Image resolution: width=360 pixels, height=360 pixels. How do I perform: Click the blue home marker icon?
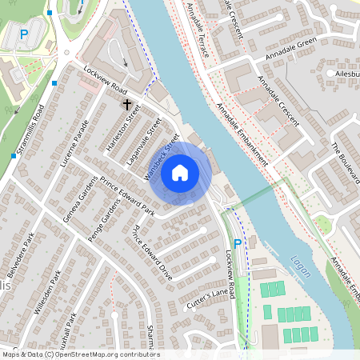180,173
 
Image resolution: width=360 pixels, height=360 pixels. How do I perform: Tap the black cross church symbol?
126,105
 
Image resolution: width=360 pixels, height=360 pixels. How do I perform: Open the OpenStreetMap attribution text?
80,354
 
